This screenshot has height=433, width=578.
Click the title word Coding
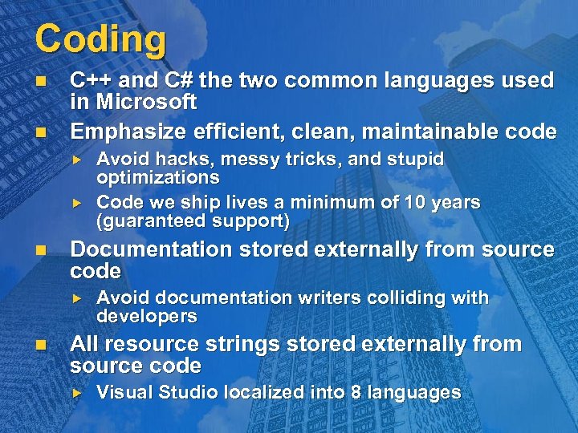tap(100, 39)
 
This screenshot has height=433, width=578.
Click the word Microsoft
tap(146, 102)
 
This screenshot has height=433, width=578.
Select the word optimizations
tap(157, 176)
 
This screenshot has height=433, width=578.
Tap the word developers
tap(146, 316)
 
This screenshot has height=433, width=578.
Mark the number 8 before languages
tap(356, 392)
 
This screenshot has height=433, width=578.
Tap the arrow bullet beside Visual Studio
tap(78, 393)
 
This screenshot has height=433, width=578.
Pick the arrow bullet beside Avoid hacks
tap(78, 160)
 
